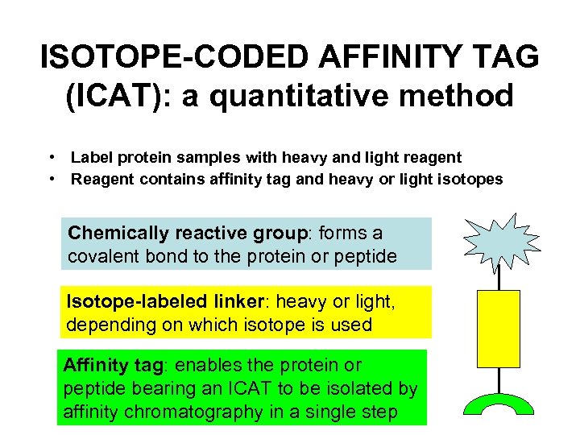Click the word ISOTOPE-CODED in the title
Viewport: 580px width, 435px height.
(172, 57)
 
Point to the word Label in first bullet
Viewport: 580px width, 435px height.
(91, 158)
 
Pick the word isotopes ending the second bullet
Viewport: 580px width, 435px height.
(472, 179)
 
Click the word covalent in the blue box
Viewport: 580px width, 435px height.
(103, 257)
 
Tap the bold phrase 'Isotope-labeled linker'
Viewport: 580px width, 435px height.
(159, 303)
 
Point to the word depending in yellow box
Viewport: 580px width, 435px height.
(101, 325)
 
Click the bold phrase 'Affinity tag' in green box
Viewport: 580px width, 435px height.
(113, 365)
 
